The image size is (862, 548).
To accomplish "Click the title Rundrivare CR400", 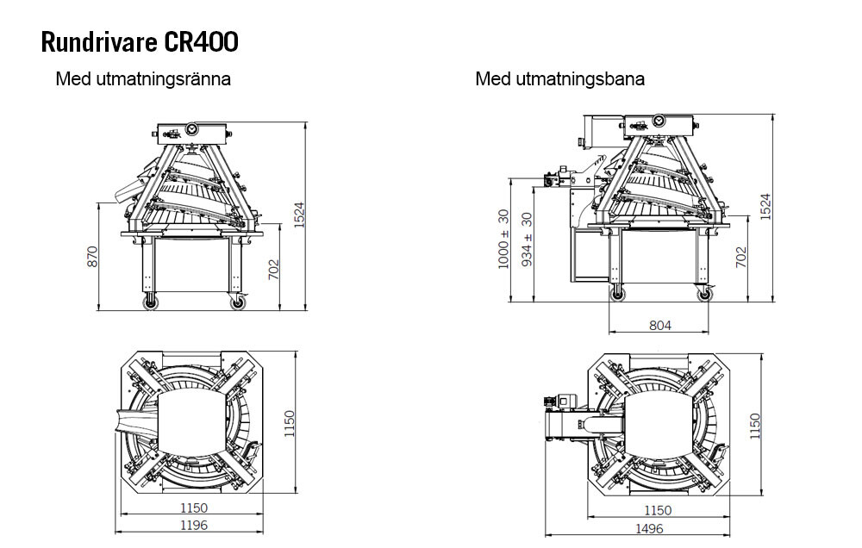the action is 140,41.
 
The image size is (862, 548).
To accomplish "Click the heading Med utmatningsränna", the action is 143,79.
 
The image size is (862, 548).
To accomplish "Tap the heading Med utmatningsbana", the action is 559,79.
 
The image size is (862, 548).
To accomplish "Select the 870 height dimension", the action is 92,257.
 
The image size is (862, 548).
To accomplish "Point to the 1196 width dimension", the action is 194,526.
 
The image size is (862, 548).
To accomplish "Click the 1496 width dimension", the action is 649,529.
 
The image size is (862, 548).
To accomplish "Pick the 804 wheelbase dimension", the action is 659,326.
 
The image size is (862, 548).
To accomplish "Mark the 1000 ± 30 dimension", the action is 503,239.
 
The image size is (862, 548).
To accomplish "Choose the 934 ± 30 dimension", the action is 527,240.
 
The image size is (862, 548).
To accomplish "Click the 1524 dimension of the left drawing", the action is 298,215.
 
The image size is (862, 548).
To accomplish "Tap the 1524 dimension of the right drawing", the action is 765,207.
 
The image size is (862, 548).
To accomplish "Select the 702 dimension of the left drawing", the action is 273,270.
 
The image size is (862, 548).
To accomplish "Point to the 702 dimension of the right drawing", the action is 741,258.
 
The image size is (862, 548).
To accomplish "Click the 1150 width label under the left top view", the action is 194,508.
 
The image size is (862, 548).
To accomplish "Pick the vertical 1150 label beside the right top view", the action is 755,426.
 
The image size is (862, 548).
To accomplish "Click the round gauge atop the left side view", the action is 191,129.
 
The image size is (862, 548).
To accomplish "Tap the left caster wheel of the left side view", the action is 149,302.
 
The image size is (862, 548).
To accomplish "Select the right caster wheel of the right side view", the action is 704,294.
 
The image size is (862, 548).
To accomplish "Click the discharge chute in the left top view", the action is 136,421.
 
